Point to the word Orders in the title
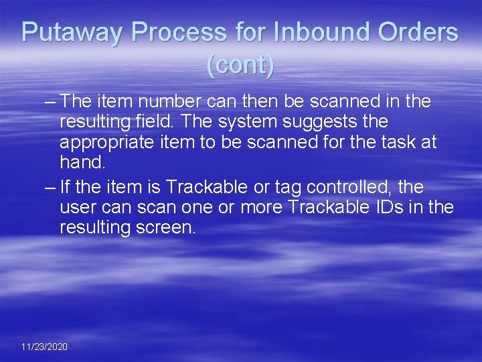coord(420,33)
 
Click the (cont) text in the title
coord(240,65)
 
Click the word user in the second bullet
coord(78,206)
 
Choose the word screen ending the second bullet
coord(165,227)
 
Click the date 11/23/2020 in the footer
coord(44,347)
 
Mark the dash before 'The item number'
coord(49,102)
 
